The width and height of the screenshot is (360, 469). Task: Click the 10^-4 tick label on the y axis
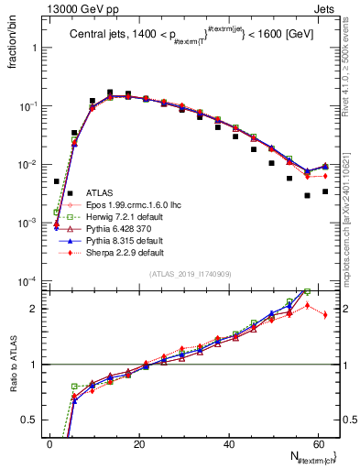[x=27, y=281]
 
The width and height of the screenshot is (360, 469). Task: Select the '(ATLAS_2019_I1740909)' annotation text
[x=191, y=274]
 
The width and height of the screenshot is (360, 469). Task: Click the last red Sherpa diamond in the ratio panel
[x=325, y=314]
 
